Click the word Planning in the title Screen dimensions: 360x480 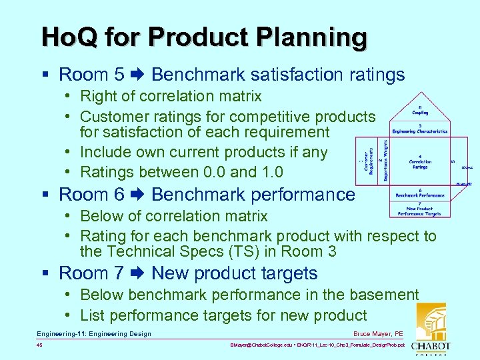click(x=314, y=37)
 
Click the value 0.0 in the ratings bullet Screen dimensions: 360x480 click(x=212, y=171)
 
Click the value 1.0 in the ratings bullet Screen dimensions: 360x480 click(x=269, y=171)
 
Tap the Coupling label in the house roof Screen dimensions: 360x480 click(x=420, y=110)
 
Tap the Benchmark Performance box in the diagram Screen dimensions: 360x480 click(x=420, y=193)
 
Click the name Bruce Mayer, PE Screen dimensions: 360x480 click(x=379, y=334)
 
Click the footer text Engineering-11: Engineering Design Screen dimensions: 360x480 click(x=94, y=334)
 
